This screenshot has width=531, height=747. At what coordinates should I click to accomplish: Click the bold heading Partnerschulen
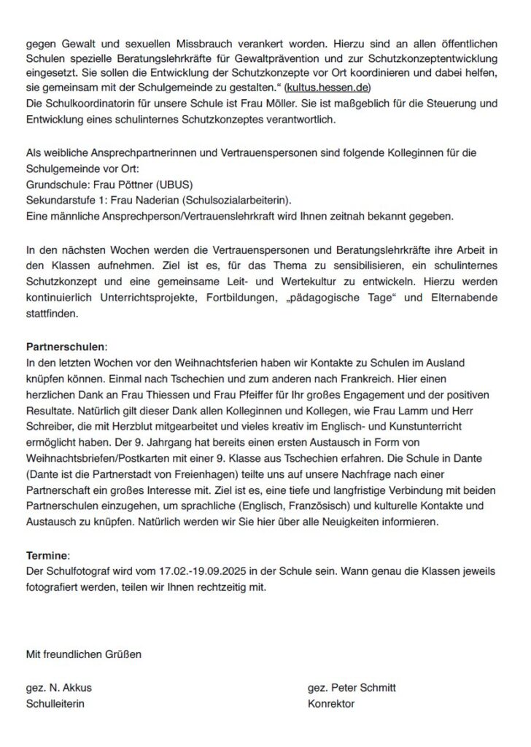click(66, 346)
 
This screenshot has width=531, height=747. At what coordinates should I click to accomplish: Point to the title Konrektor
click(331, 704)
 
